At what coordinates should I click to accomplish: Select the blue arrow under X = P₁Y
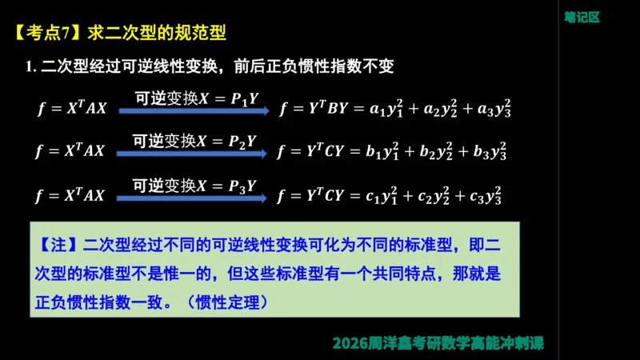coord(191,113)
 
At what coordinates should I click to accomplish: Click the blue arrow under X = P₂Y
coord(191,155)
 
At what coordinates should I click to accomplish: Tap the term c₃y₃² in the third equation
coord(486,194)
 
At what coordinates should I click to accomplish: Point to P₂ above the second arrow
coord(237,142)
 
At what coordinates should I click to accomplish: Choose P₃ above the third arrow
coord(237,186)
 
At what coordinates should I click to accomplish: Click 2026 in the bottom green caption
coord(351,344)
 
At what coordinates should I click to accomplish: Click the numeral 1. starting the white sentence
coord(33,66)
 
